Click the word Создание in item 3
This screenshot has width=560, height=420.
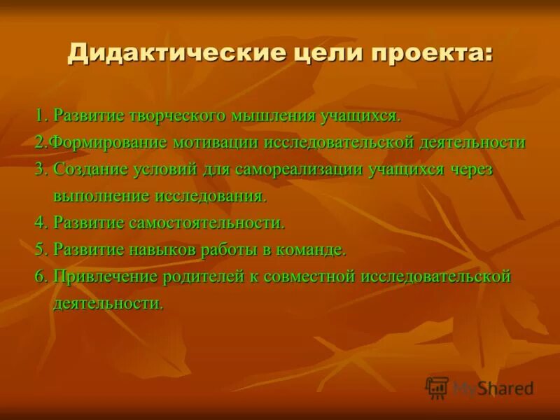coord(90,169)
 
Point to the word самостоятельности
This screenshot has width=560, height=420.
coord(207,223)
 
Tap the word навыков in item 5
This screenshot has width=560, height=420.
coord(152,250)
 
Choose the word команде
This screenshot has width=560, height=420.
coord(314,250)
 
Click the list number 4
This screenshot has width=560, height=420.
coord(40,223)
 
